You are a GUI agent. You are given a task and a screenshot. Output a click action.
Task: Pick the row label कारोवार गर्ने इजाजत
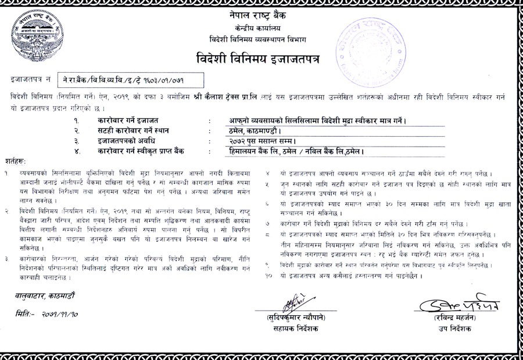click(x=122, y=120)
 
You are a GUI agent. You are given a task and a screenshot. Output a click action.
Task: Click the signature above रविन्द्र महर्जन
click(x=459, y=305)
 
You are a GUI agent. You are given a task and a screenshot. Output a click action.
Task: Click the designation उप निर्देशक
click(x=457, y=329)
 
